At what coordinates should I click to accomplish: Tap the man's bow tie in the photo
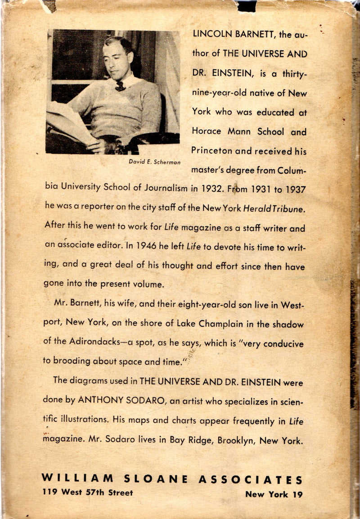click(x=120, y=86)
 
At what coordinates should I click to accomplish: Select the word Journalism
click(x=162, y=189)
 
